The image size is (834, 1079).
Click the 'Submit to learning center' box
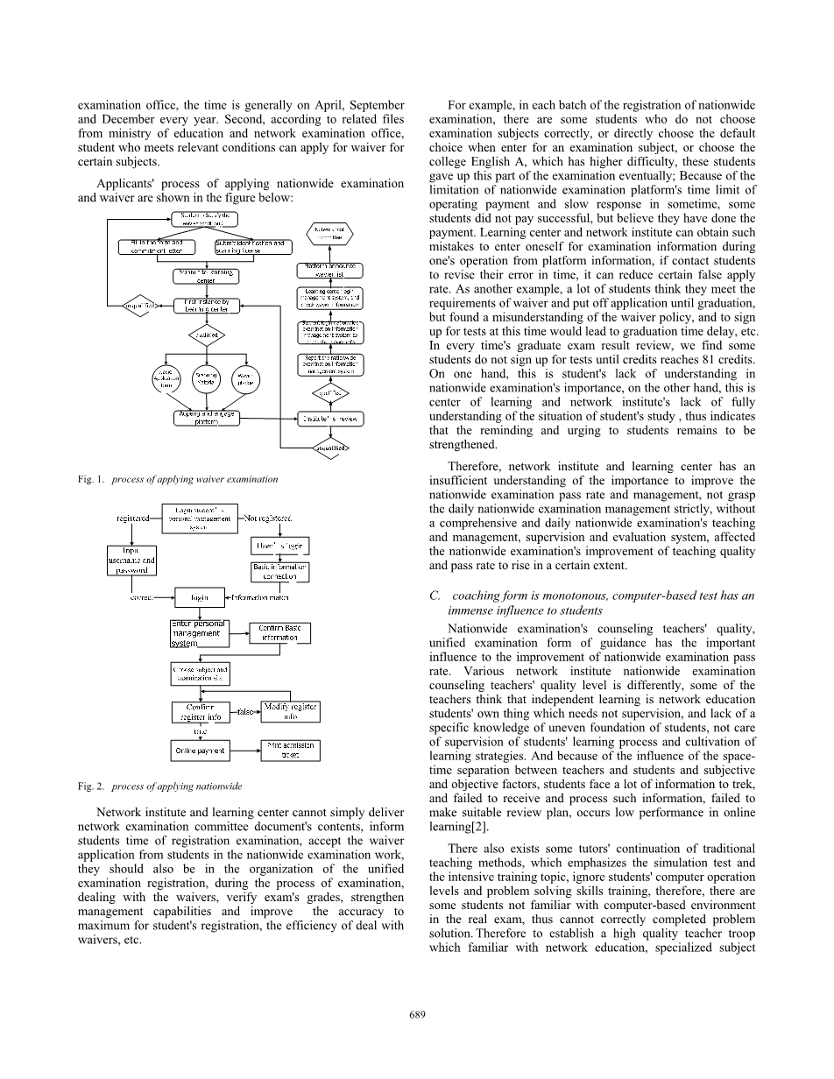207,277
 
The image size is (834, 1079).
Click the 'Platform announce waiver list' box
331,269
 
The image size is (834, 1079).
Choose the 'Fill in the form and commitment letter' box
157,247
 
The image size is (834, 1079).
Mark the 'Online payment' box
201,751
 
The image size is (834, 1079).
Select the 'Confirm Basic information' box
280,632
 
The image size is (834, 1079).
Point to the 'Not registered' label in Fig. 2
268,518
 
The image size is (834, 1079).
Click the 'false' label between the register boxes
245,712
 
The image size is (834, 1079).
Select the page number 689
417,1014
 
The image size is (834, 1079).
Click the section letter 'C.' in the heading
435,596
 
